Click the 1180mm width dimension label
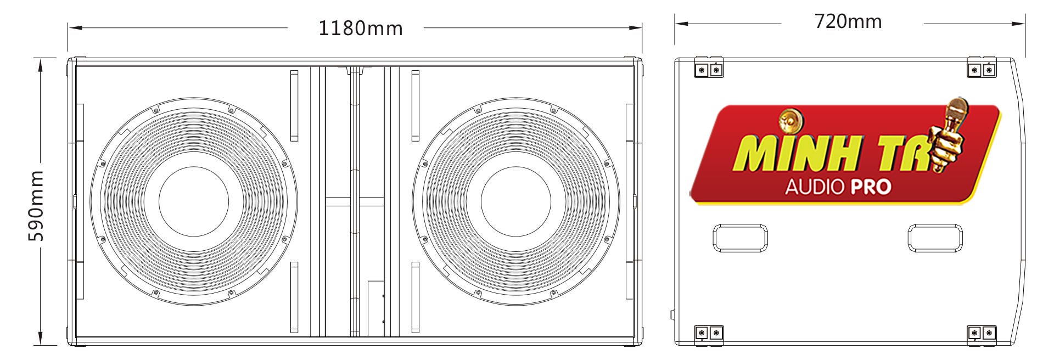coord(360,28)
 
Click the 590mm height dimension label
coord(36,205)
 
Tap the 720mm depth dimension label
coord(848,21)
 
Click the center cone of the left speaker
coord(193,201)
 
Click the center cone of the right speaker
coord(515,201)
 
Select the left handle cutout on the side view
coord(740,238)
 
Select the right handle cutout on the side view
coord(935,238)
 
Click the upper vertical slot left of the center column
coord(294,105)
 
